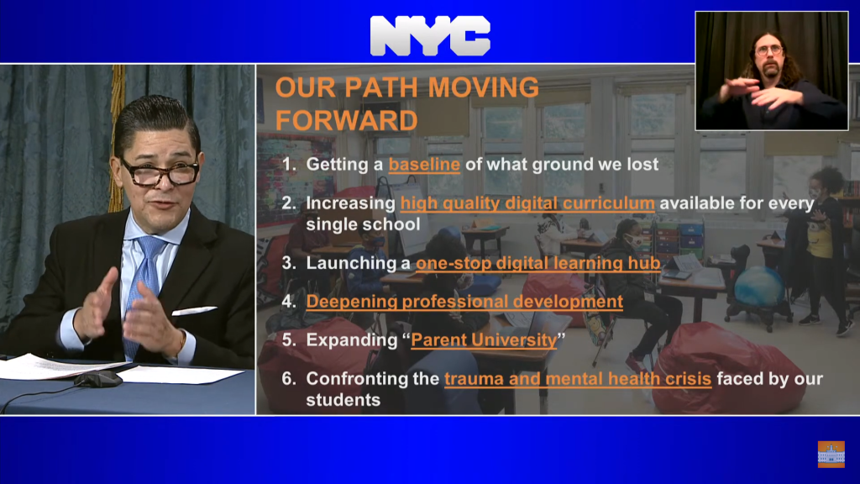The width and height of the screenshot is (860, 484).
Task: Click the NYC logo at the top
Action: pos(430,35)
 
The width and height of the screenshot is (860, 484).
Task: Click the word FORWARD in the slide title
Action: pos(346,121)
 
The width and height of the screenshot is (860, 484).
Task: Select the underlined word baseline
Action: pos(424,165)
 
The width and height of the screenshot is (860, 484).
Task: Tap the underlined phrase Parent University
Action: pos(484,340)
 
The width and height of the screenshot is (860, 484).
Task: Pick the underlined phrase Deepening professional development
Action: pos(464,302)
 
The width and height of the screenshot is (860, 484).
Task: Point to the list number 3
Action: pos(289,263)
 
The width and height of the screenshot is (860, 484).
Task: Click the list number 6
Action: pos(289,378)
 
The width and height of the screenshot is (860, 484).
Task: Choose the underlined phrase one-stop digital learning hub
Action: pos(538,263)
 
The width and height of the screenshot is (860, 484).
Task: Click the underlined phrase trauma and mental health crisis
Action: pos(578,379)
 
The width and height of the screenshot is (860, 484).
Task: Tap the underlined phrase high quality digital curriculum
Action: pos(527,203)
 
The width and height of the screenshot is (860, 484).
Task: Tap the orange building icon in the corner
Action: pos(831,454)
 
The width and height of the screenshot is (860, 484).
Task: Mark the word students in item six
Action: pos(343,400)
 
